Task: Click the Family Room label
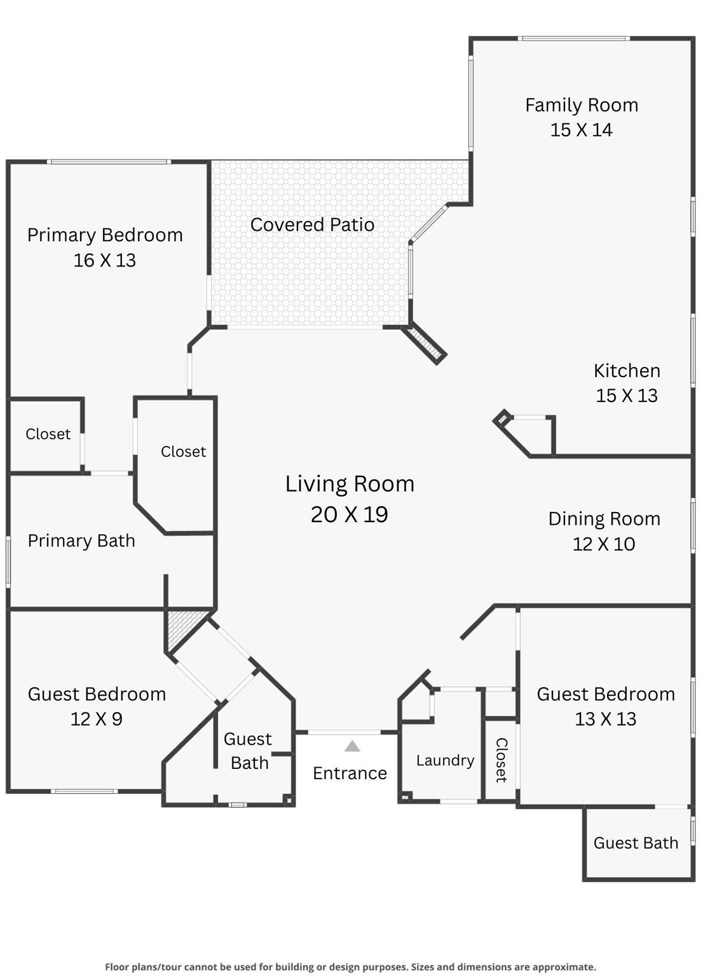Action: pyautogui.click(x=581, y=105)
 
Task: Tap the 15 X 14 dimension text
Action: pyautogui.click(x=581, y=130)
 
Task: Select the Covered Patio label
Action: pyautogui.click(x=312, y=225)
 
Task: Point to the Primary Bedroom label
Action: pyautogui.click(x=105, y=235)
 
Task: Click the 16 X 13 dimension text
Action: pyautogui.click(x=105, y=260)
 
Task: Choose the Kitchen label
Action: pyautogui.click(x=627, y=371)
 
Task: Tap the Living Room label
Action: pyautogui.click(x=350, y=484)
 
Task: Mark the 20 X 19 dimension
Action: pyautogui.click(x=350, y=515)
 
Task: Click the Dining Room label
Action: pyautogui.click(x=604, y=519)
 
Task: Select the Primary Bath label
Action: pyautogui.click(x=81, y=541)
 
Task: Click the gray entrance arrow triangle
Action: pyautogui.click(x=352, y=746)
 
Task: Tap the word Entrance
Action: pyautogui.click(x=350, y=773)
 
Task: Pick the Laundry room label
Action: pyautogui.click(x=445, y=761)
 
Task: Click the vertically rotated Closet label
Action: pyautogui.click(x=501, y=760)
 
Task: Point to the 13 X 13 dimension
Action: pyautogui.click(x=605, y=719)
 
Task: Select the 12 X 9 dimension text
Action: pyautogui.click(x=97, y=719)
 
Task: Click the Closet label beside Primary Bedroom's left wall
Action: pyautogui.click(x=48, y=434)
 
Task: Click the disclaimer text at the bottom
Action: pyautogui.click(x=350, y=967)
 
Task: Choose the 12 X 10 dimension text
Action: pyautogui.click(x=604, y=544)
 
